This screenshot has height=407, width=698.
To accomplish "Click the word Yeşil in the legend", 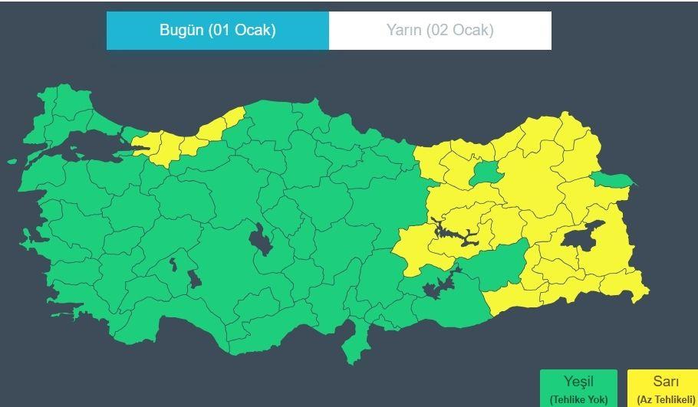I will pos(579,382).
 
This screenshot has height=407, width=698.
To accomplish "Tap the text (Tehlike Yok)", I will pos(579,399).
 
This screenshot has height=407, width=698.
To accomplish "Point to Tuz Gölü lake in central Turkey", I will pos(261,239).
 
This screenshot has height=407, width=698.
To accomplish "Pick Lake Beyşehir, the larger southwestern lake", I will pos(194,277).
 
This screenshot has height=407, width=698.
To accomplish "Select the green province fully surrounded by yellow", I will pos(483,172).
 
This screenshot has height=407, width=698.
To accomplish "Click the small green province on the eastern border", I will pos(614,181).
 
